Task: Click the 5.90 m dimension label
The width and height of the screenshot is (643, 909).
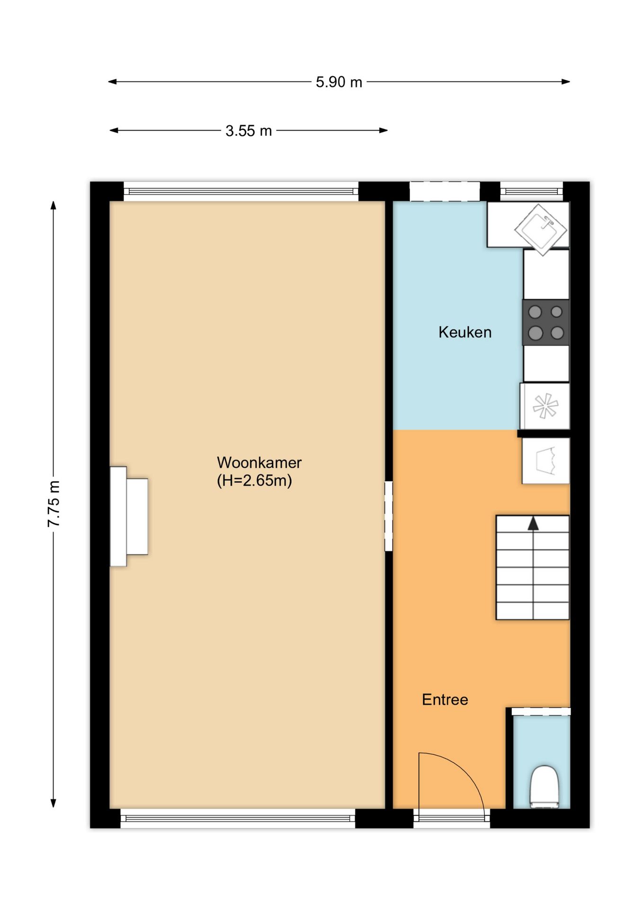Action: [339, 82]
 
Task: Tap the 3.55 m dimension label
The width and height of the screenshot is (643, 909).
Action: [249, 131]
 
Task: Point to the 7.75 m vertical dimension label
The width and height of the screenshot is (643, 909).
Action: [54, 504]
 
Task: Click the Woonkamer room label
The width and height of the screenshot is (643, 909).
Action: [259, 462]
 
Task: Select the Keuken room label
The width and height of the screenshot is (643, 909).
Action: [465, 332]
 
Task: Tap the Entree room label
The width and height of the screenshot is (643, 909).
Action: [445, 700]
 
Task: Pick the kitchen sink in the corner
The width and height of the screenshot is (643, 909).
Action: [541, 229]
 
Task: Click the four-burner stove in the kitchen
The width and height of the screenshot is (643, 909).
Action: [546, 322]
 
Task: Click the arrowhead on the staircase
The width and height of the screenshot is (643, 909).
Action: [533, 523]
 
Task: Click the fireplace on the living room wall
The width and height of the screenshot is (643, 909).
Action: [129, 517]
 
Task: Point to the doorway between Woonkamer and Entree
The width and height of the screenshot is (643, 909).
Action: [389, 516]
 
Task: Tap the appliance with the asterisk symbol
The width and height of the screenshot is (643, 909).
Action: [545, 406]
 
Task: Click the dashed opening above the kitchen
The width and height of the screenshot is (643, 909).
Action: [445, 192]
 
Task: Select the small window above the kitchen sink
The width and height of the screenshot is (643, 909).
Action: [532, 192]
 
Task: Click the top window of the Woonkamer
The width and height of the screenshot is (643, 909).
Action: [241, 192]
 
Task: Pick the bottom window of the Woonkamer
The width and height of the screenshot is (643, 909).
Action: [238, 819]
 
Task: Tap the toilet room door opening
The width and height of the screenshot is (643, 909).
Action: [541, 712]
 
